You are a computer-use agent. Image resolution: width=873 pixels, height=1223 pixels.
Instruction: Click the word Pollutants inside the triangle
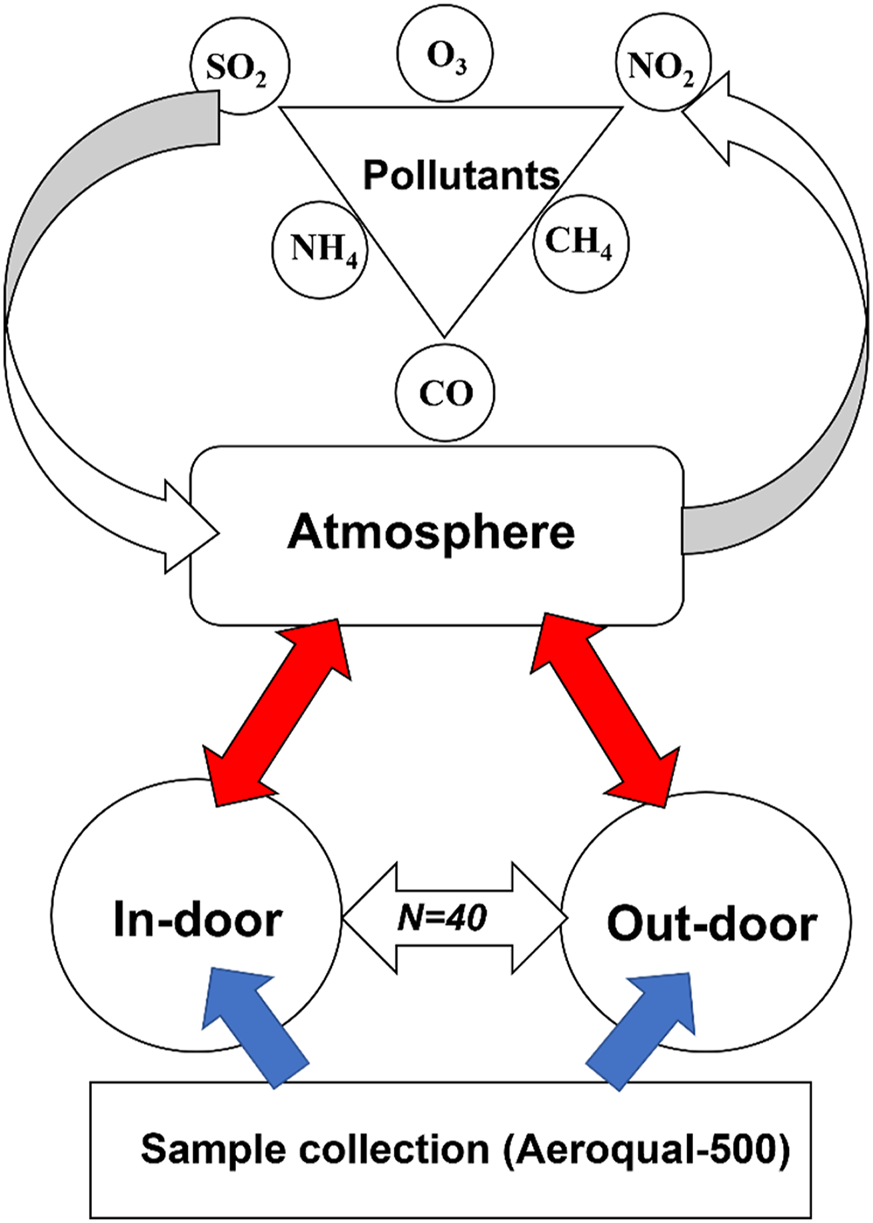coord(461,175)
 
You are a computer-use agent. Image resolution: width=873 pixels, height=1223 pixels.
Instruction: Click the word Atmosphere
coord(431,533)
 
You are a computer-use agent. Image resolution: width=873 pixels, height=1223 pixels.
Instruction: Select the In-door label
coord(198,920)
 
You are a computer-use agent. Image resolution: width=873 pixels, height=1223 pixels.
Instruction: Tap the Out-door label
coord(712,924)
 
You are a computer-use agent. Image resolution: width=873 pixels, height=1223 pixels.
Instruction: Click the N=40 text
coord(442,918)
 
